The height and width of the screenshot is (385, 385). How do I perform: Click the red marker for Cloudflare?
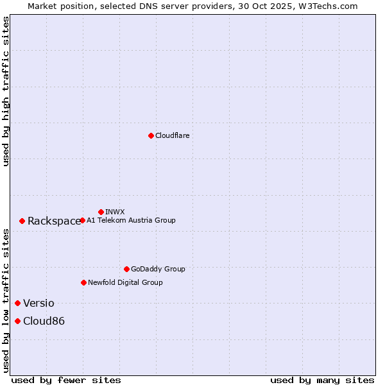pyautogui.click(x=151, y=135)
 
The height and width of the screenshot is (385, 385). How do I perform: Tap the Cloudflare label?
pyautogui.click(x=173, y=135)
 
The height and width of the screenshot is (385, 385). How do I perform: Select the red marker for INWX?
pyautogui.click(x=101, y=212)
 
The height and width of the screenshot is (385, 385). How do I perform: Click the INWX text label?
pyautogui.click(x=115, y=212)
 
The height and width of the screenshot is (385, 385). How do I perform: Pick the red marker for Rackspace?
pyautogui.click(x=22, y=221)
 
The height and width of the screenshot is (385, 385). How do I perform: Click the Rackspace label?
pyautogui.click(x=54, y=221)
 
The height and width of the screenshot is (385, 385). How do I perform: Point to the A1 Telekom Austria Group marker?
pyautogui.click(x=82, y=220)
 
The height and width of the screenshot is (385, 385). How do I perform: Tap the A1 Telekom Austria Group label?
pyautogui.click(x=131, y=220)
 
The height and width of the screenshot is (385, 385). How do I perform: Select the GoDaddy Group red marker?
pyautogui.click(x=126, y=269)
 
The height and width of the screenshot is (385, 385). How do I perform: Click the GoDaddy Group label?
pyautogui.click(x=158, y=269)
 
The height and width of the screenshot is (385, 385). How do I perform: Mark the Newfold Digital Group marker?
pyautogui.click(x=83, y=282)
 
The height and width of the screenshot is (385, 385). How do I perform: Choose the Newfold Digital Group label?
pyautogui.click(x=125, y=282)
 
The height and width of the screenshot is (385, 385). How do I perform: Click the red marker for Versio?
pyautogui.click(x=17, y=303)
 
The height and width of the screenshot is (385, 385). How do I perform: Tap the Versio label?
pyautogui.click(x=38, y=304)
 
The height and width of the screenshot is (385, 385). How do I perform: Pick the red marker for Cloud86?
pyautogui.click(x=17, y=321)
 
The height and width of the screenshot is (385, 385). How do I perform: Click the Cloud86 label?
pyautogui.click(x=44, y=321)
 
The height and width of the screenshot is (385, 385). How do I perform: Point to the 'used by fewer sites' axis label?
pyautogui.click(x=66, y=380)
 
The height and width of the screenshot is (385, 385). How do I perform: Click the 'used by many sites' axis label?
pyautogui.click(x=322, y=380)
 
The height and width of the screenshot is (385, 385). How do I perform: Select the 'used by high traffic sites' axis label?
pyautogui.click(x=6, y=91)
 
